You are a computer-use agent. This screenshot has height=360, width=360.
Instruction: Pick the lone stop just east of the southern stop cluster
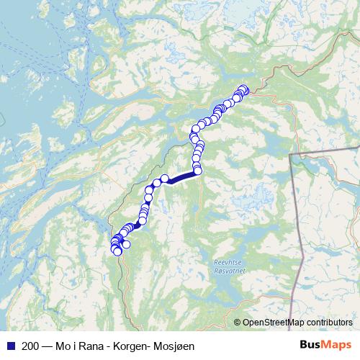(127, 244)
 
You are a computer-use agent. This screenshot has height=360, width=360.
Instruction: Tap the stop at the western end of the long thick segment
(165, 178)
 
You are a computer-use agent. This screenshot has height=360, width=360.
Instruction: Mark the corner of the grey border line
(290, 154)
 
